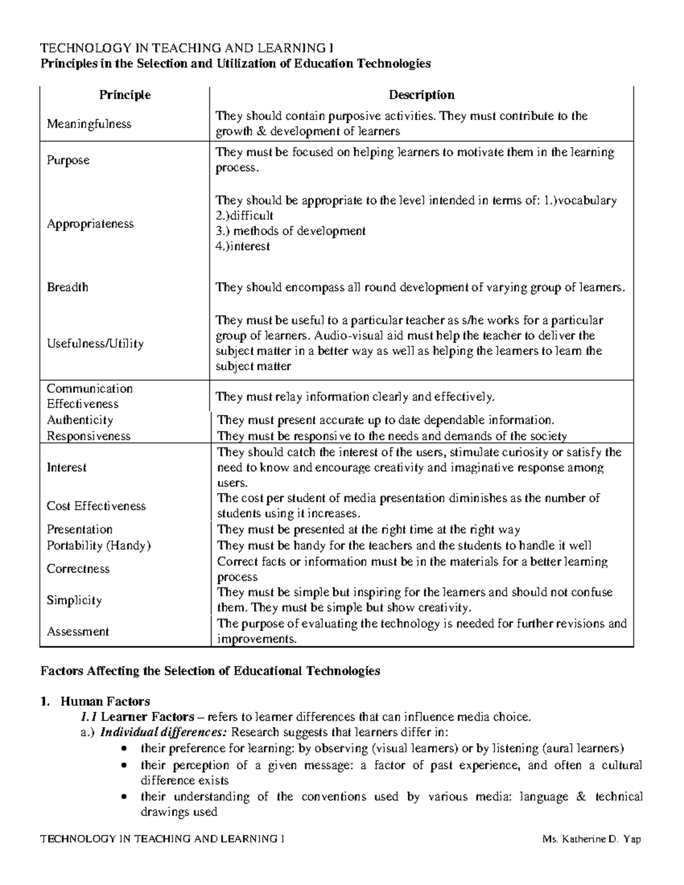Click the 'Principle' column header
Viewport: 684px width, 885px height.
pyautogui.click(x=125, y=95)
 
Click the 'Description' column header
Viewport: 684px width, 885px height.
pyautogui.click(x=421, y=95)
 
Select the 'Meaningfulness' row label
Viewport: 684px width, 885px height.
pyautogui.click(x=89, y=124)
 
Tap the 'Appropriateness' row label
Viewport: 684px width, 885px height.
pyautogui.click(x=90, y=224)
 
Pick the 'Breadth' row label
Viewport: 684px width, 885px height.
pyautogui.click(x=67, y=287)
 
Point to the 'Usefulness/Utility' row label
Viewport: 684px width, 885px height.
pyautogui.click(x=95, y=344)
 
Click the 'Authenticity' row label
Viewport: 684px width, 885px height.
pyautogui.click(x=80, y=421)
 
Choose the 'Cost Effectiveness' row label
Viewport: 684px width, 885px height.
pyautogui.click(x=96, y=506)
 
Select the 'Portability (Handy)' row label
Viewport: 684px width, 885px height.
pyautogui.click(x=99, y=545)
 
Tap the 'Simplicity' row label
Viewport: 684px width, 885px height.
pyautogui.click(x=74, y=601)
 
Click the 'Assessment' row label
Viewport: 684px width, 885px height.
pyautogui.click(x=78, y=632)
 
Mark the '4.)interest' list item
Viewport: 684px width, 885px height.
pyautogui.click(x=242, y=247)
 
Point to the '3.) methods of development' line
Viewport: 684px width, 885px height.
pyautogui.click(x=290, y=231)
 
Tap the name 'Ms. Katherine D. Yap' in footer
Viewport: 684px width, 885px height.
pyautogui.click(x=592, y=839)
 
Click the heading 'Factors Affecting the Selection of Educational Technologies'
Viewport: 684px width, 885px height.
pyautogui.click(x=210, y=671)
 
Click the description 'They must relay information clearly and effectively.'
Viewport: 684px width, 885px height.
pyautogui.click(x=355, y=397)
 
